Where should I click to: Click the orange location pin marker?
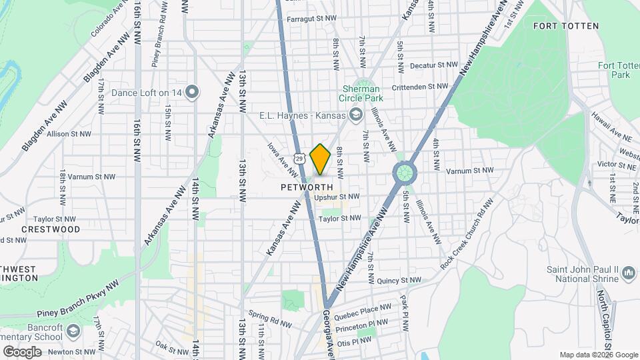(321, 159)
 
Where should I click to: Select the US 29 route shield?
(300, 159)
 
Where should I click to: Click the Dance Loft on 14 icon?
(193, 93)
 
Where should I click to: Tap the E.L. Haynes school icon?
(355, 115)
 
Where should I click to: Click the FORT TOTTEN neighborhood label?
(566, 26)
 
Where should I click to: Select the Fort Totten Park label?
(614, 70)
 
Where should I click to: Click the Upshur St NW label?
(337, 197)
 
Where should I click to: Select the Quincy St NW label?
(399, 281)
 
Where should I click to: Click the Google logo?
(22, 351)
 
